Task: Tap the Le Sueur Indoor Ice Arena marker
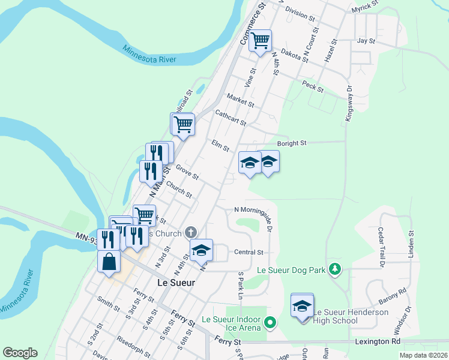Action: [270, 323]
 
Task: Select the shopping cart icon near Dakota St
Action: [261, 41]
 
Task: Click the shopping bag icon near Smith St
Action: [109, 262]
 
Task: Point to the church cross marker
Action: [191, 232]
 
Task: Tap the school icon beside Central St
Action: [202, 250]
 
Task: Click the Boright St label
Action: [291, 143]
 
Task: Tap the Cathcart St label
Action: [231, 118]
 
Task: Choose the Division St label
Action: [300, 13]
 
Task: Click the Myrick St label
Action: [365, 5]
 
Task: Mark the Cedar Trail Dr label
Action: [381, 247]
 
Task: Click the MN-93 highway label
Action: [86, 238]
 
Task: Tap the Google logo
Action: [20, 353]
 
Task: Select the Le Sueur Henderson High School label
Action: [351, 316]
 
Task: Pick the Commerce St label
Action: [253, 26]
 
